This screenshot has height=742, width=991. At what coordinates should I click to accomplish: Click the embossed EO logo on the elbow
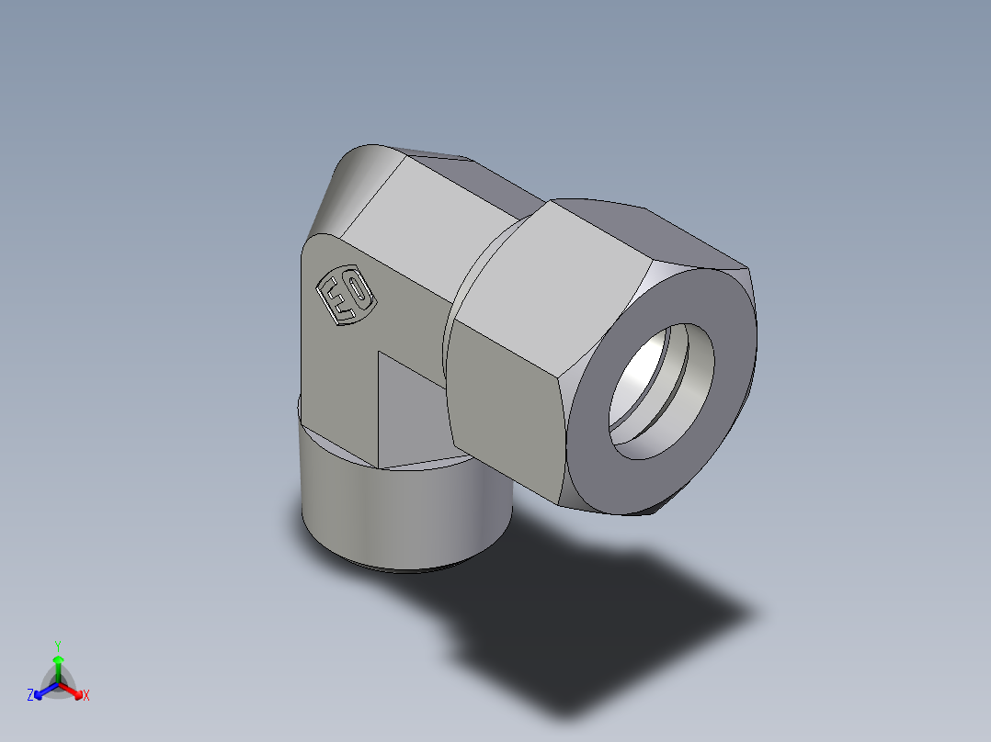click(x=345, y=296)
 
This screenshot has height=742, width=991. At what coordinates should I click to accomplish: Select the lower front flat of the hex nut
click(x=506, y=404)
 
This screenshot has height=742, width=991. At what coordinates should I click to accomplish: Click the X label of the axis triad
click(x=86, y=696)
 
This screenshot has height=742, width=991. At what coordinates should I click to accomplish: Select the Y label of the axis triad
click(x=58, y=646)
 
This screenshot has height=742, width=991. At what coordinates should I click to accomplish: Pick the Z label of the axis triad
click(x=30, y=696)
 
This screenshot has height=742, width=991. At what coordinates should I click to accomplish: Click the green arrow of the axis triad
click(x=58, y=665)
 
